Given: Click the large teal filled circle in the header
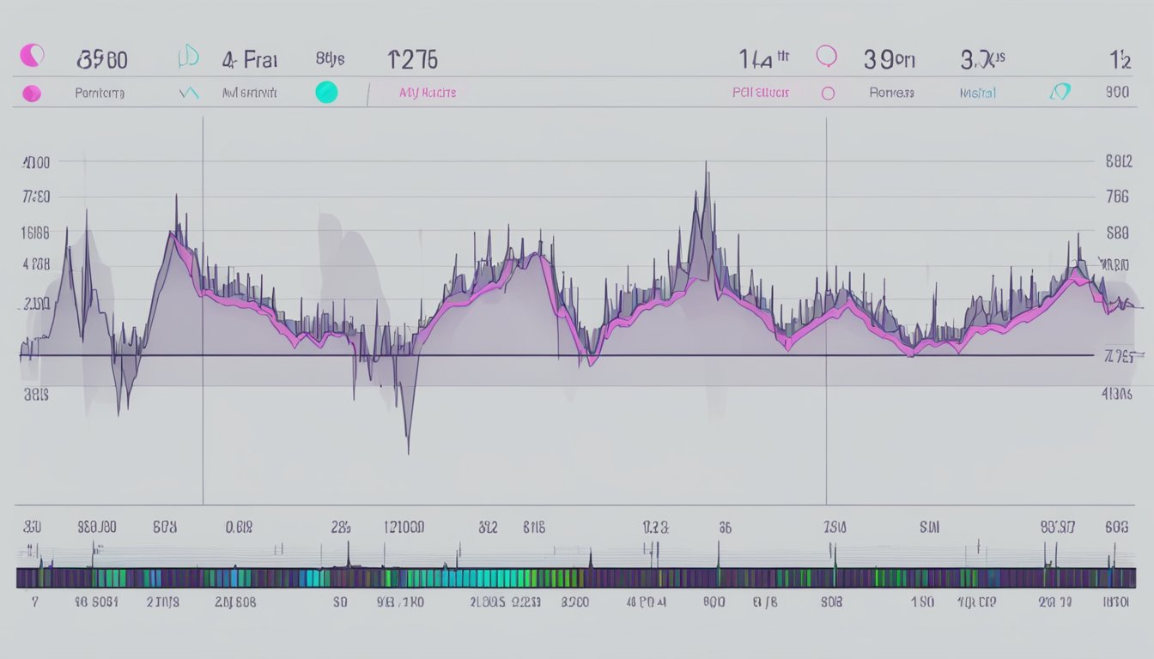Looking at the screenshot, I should [326, 92].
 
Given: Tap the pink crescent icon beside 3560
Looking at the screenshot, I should [32, 57].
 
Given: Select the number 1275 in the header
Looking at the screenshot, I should [412, 59].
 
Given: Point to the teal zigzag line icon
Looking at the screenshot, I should [188, 93].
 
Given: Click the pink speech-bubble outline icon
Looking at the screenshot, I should [826, 57].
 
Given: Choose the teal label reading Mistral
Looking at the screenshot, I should [977, 93].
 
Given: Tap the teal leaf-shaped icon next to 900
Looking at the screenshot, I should [1061, 92].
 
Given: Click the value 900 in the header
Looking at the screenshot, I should [1117, 93].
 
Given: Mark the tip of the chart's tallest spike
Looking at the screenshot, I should [706, 162].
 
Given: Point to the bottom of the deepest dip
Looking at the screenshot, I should [408, 452].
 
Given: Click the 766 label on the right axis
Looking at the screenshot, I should [1117, 196].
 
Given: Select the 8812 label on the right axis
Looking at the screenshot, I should [1117, 160].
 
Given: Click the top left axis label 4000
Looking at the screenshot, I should [36, 162].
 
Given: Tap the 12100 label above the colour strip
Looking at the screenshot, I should [404, 528].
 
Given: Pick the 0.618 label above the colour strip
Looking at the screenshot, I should [239, 528].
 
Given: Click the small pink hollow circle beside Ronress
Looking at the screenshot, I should [828, 93].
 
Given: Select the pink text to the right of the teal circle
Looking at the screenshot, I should [428, 93].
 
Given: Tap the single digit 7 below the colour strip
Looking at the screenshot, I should [34, 602].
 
